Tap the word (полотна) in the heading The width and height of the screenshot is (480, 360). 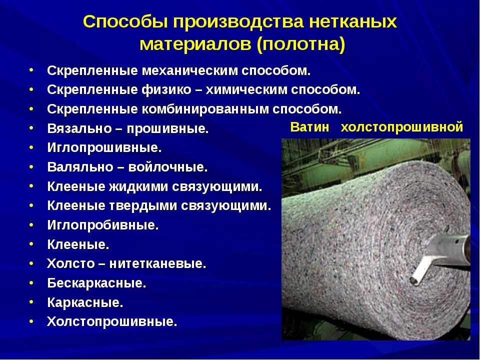click(301, 44)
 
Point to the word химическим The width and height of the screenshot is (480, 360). click(246, 90)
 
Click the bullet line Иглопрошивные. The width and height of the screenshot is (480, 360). click(104, 148)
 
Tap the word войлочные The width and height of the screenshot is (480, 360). click(168, 167)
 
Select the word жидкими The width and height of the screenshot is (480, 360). click(138, 186)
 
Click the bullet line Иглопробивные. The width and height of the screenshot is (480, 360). click(103, 225)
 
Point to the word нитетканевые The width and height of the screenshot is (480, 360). click(157, 263)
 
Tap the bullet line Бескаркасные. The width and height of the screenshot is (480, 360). click(96, 283)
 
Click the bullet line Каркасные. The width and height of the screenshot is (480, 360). click(85, 302)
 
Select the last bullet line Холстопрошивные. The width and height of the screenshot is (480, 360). click(112, 321)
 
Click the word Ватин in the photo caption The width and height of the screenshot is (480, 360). click(309, 127)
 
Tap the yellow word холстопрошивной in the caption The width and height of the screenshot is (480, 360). click(401, 127)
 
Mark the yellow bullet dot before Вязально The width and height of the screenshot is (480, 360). click(31, 128)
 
